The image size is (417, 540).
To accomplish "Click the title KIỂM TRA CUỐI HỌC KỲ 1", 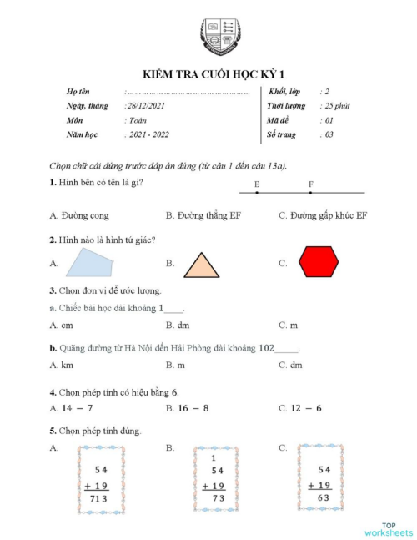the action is click(218, 73).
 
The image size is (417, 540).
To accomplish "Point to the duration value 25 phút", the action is click(336, 106).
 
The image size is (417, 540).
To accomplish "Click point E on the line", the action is click(257, 192).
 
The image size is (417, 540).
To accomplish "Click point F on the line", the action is click(311, 192).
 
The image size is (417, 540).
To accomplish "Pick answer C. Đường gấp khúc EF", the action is click(323, 215).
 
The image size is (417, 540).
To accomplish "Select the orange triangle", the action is click(202, 265).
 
